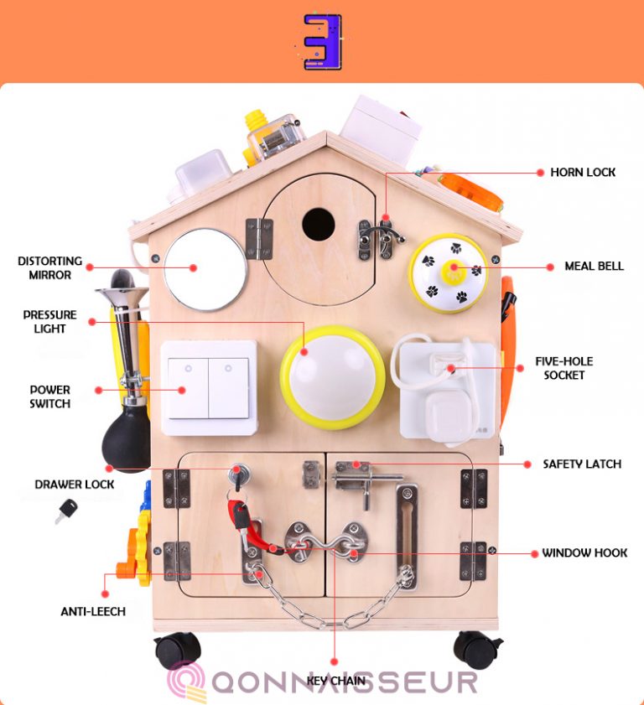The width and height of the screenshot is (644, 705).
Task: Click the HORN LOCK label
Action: point(583,172)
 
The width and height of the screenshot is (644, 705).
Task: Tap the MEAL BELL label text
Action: point(594,267)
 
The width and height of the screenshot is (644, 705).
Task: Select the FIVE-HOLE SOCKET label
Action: point(564,368)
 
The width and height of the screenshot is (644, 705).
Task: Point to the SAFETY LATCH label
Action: point(582,464)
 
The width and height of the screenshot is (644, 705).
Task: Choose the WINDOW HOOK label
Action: point(584,552)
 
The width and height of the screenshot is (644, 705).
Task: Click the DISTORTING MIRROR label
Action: point(50,268)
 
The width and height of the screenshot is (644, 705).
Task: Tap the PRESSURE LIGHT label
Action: point(50,321)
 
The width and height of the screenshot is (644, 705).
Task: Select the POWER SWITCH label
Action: point(50,397)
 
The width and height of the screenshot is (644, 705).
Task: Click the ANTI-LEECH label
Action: point(93,611)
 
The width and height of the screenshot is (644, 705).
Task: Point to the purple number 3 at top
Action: point(323,41)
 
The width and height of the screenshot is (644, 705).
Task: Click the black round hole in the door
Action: point(319,224)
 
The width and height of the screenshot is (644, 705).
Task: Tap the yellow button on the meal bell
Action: point(454,272)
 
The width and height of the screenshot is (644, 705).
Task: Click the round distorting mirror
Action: point(205,269)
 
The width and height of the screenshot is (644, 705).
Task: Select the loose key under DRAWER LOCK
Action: point(65,511)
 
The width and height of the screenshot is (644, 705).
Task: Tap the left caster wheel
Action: point(178,650)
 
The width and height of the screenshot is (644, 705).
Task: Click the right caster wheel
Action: point(476,649)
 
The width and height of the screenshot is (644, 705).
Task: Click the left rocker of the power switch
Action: point(188,388)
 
